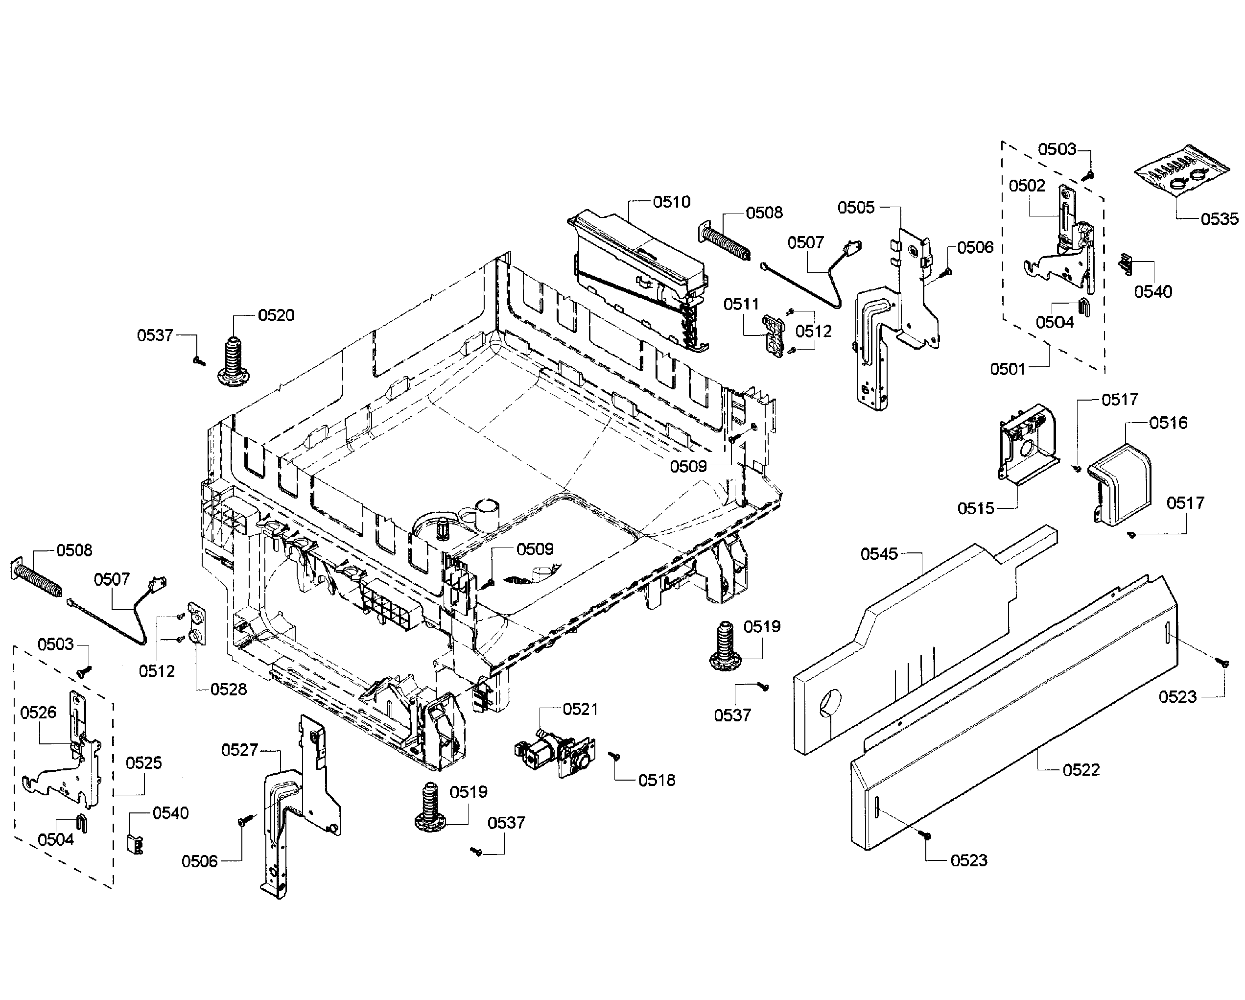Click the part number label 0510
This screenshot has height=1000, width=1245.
672,202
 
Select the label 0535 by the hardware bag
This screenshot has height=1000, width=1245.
1219,219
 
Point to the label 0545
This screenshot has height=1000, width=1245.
879,554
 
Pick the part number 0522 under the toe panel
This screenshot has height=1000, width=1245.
1081,769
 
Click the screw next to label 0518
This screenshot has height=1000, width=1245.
615,756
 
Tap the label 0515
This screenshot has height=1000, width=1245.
975,508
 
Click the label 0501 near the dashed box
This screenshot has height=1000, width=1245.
1008,369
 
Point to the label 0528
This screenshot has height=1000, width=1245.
228,689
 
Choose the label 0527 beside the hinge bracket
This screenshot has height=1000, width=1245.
239,750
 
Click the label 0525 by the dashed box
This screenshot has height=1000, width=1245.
144,762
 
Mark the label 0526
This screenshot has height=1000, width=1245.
38,713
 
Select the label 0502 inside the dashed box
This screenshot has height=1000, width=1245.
1027,186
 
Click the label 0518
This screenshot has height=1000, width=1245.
657,780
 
